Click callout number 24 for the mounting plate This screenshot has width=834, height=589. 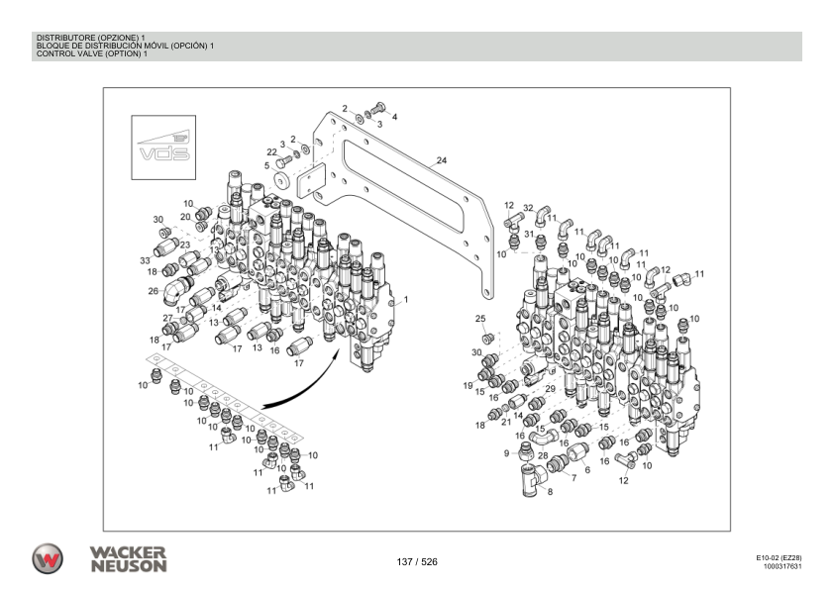point(442,160)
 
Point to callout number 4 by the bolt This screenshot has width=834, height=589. point(394,117)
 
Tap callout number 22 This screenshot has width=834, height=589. point(271,151)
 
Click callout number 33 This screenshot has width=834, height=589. point(145,260)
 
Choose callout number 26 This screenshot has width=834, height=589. point(154,291)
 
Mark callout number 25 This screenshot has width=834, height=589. point(480,319)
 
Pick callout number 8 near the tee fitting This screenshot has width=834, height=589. point(551,492)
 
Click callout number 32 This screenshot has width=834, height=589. point(528,209)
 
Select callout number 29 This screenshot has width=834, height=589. point(550,389)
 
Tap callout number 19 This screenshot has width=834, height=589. point(469,385)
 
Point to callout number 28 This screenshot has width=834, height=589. point(543,455)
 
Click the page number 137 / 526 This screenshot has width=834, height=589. point(416,562)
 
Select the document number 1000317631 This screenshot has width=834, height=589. point(782,567)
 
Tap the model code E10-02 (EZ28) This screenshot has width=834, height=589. point(779,558)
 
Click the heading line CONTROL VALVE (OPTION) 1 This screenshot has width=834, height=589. point(91,53)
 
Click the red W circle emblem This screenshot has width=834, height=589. point(46,557)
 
